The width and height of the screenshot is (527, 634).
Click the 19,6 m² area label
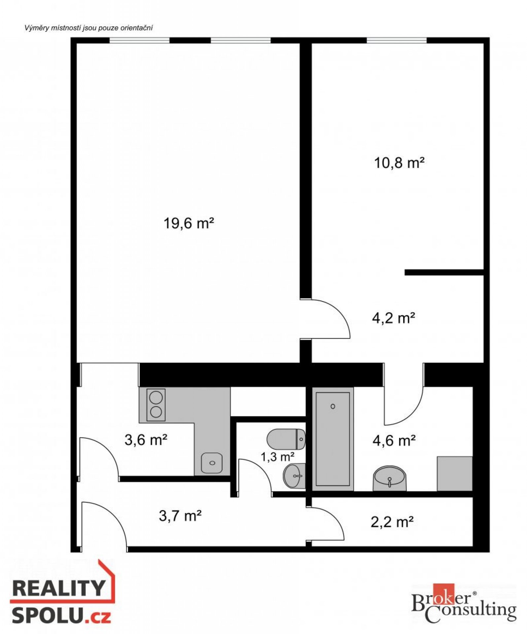click(x=189, y=224)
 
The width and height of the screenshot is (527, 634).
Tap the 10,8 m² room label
click(x=399, y=163)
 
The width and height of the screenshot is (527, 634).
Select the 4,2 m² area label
click(x=393, y=318)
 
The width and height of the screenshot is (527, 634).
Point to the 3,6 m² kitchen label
click(x=146, y=440)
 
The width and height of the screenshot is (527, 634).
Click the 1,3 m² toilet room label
click(x=277, y=457)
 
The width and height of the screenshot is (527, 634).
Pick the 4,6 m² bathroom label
click(x=394, y=440)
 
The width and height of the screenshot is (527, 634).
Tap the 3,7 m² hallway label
click(x=180, y=516)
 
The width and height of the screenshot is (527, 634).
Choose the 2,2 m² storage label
click(x=392, y=522)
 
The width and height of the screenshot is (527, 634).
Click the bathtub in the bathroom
click(x=333, y=439)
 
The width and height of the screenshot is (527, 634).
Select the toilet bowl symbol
click(x=286, y=439)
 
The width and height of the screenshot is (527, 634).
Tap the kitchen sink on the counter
click(x=212, y=463)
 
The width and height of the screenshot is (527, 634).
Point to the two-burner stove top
click(x=156, y=405)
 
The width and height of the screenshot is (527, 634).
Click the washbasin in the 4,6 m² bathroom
click(x=390, y=478)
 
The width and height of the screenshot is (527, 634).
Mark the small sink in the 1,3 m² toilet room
click(x=295, y=476)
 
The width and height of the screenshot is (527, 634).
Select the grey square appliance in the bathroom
click(x=455, y=474)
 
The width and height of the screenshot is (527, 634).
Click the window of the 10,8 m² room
click(x=397, y=40)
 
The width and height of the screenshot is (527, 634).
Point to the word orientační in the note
click(x=136, y=28)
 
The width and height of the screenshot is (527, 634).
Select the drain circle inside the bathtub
click(x=333, y=406)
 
